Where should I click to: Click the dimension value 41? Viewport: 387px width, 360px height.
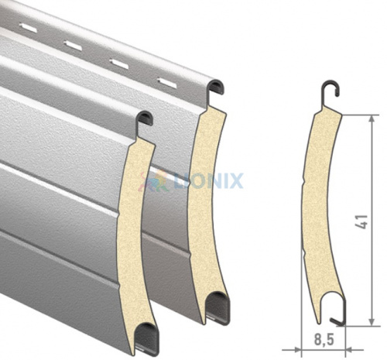click(361, 221)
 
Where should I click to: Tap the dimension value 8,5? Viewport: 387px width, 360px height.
click(324, 339)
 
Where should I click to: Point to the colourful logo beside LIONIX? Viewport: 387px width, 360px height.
click(154, 181)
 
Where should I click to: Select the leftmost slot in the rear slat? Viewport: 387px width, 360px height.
click(29, 28)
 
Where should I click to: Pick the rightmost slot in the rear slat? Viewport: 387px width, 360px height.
click(167, 83)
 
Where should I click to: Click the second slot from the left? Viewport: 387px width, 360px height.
click(73, 46)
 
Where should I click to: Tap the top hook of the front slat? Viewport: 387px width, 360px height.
click(144, 122)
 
